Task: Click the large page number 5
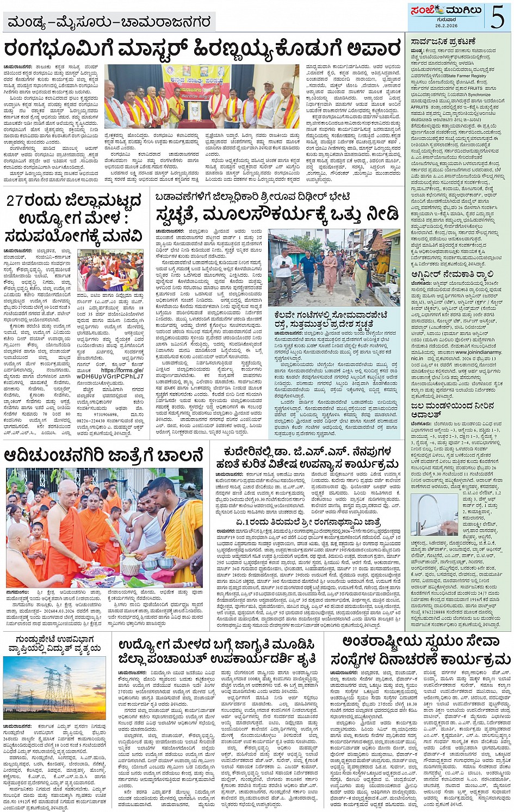(497, 16)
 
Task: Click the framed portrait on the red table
(194, 111)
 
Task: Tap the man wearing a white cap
(267, 103)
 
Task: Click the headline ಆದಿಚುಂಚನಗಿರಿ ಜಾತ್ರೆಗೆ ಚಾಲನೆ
(103, 455)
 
